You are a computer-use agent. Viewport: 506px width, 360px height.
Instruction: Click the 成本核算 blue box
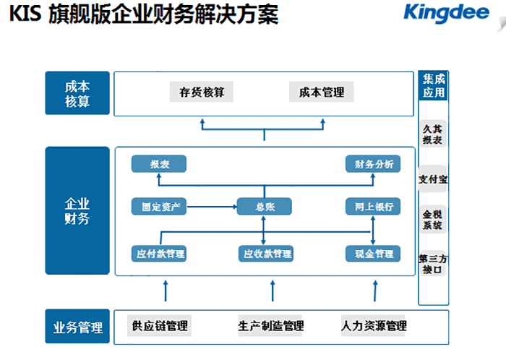pyautogui.click(x=77, y=93)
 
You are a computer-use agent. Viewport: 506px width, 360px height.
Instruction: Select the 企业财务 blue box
pyautogui.click(x=77, y=210)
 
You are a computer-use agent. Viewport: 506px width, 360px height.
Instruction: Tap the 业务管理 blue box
pyautogui.click(x=77, y=327)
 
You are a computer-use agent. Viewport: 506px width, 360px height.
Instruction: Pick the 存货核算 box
pyautogui.click(x=202, y=93)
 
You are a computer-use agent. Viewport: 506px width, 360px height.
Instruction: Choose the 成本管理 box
pyautogui.click(x=322, y=93)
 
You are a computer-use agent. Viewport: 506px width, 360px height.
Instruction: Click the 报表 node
pyautogui.click(x=159, y=164)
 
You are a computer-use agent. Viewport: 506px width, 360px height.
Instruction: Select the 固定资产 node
pyautogui.click(x=159, y=207)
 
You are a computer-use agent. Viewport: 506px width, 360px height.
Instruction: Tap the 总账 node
pyautogui.click(x=264, y=207)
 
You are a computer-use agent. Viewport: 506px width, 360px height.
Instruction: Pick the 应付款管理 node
pyautogui.click(x=159, y=254)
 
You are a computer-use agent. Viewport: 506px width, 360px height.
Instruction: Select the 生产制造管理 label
pyautogui.click(x=270, y=326)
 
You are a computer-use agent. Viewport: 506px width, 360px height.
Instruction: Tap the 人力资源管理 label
pyautogui.click(x=374, y=326)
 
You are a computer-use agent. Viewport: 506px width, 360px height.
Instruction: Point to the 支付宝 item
pyautogui.click(x=432, y=179)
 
